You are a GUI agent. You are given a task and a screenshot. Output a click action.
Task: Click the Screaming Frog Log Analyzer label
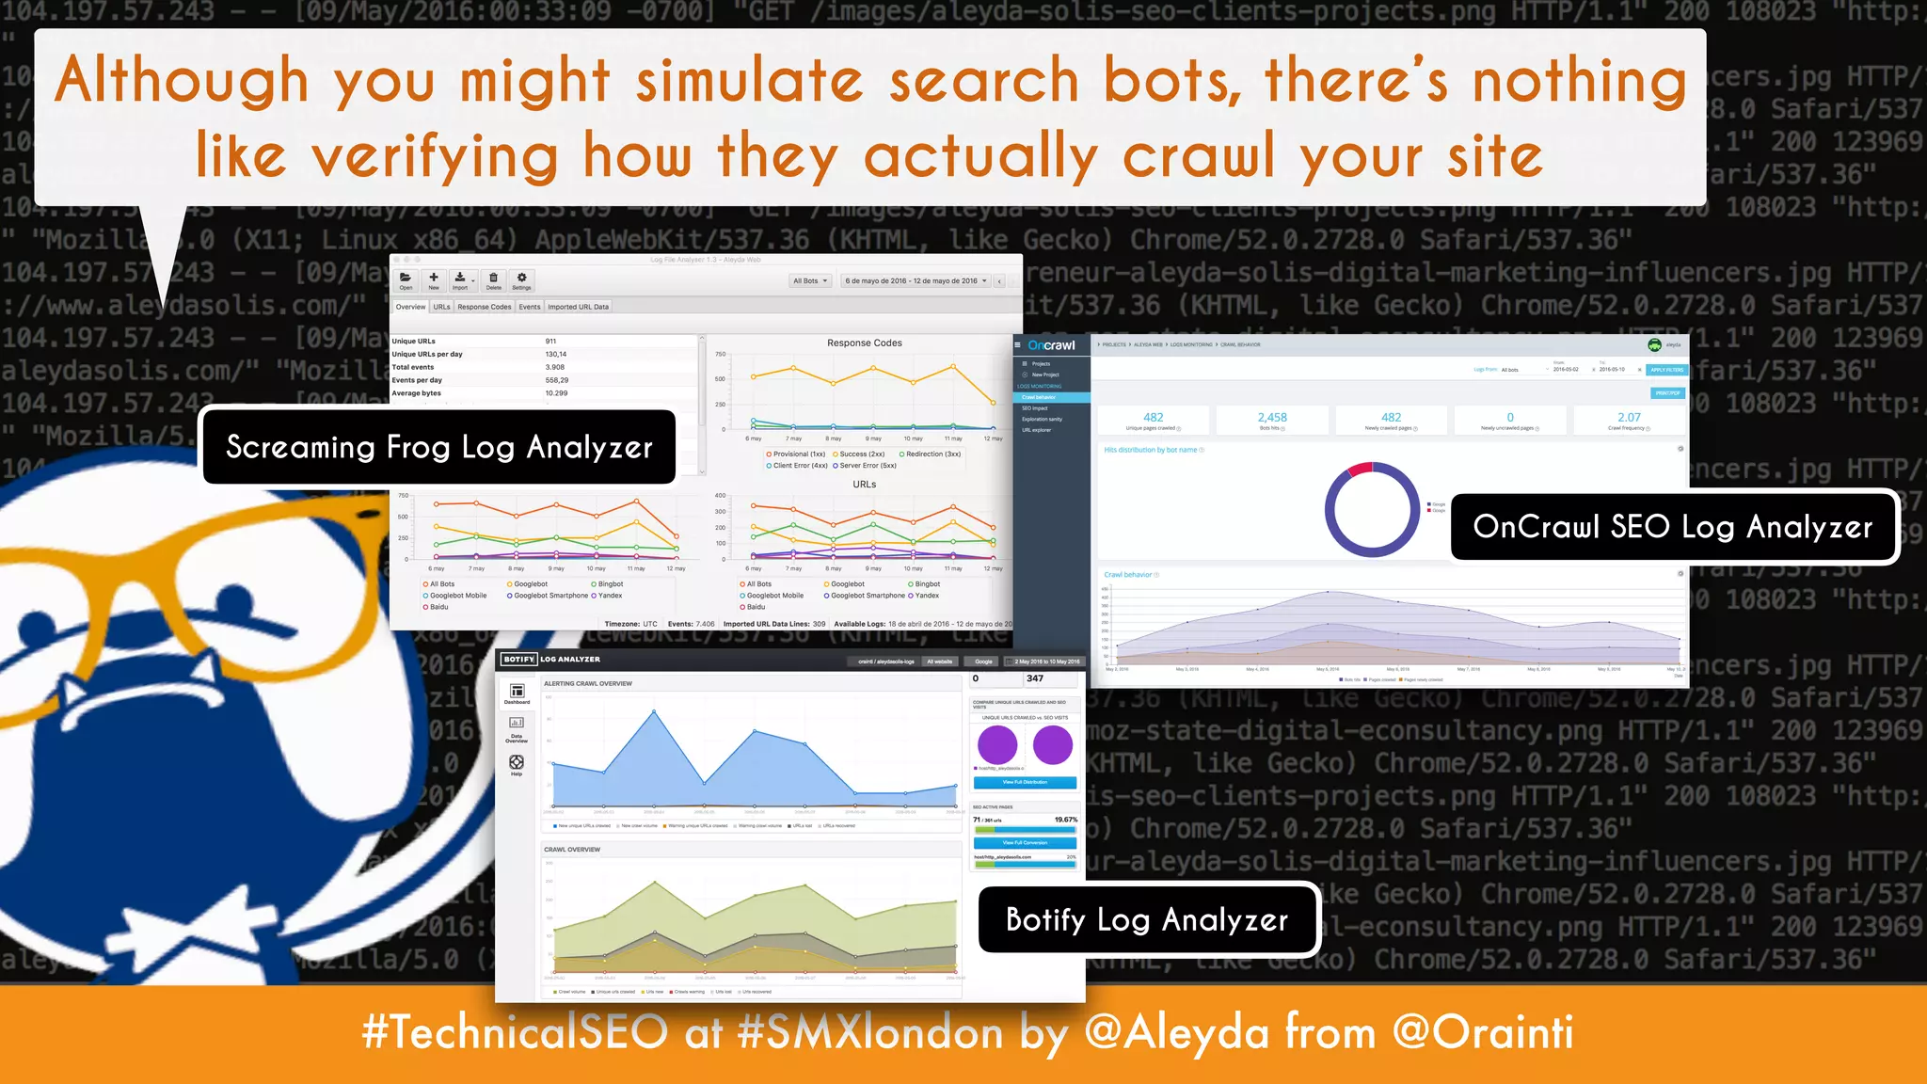[x=438, y=447]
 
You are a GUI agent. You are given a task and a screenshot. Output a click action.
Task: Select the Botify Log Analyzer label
[x=1146, y=919]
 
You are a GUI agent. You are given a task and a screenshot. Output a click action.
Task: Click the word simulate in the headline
[x=749, y=81]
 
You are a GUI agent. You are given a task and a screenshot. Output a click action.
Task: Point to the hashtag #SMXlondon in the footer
[x=870, y=1032]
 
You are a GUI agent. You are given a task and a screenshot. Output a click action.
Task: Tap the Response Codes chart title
[x=864, y=343]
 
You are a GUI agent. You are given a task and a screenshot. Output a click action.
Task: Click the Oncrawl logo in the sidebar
[x=1051, y=345]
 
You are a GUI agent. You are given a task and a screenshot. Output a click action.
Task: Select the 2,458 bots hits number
[x=1272, y=418]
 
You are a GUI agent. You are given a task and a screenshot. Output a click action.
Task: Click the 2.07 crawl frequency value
[x=1629, y=418]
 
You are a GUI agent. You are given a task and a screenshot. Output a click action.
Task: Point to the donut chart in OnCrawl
[x=1372, y=510]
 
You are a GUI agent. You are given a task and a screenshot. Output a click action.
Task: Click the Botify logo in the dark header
[x=518, y=660]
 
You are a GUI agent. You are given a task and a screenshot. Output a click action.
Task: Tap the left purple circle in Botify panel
[x=997, y=745]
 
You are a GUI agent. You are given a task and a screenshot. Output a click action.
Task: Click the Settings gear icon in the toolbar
[x=521, y=279]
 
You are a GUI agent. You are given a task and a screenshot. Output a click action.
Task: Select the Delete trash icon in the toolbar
[x=493, y=279]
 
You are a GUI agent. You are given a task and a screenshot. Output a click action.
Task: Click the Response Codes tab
[x=484, y=307]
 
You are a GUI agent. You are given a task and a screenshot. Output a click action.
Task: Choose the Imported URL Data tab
[x=578, y=307]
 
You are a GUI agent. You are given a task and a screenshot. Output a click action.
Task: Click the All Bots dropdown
[x=810, y=280]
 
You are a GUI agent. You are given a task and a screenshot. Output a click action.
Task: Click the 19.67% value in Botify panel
[x=1065, y=820]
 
